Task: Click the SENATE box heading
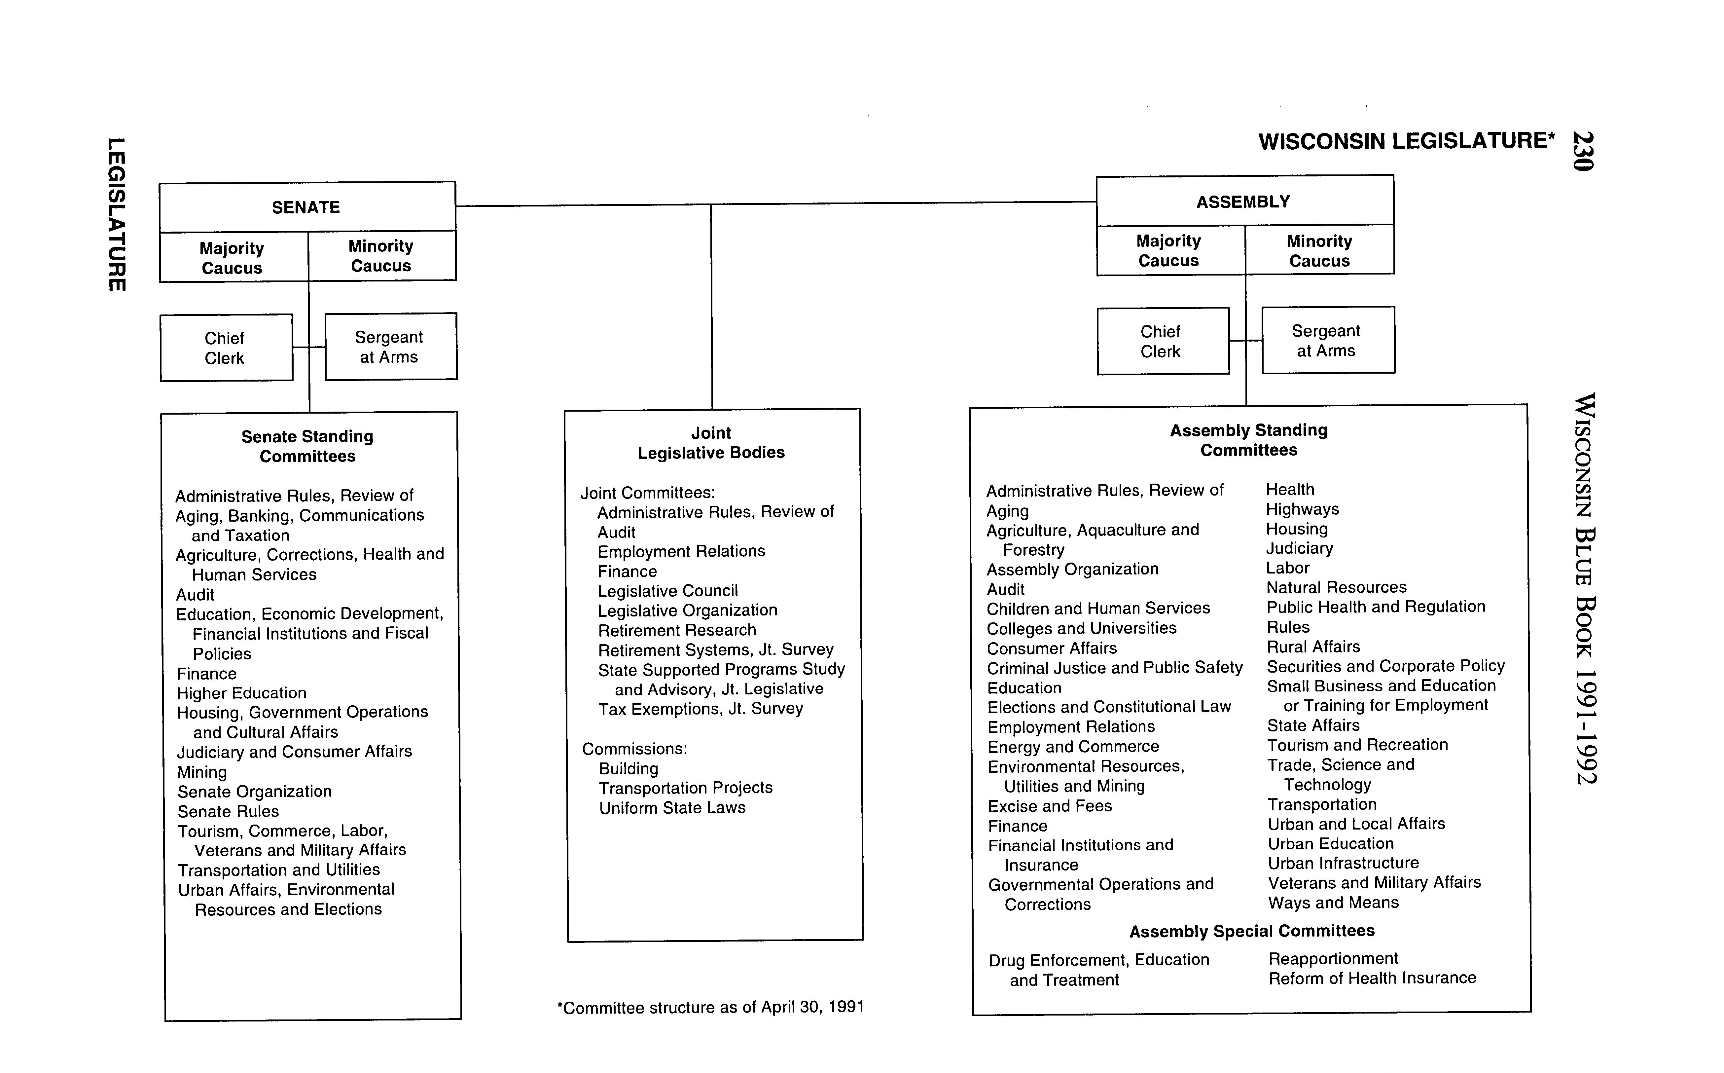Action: (x=306, y=207)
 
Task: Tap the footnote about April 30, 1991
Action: (x=710, y=1007)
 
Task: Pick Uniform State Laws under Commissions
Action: (x=672, y=808)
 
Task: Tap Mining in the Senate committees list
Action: (x=202, y=772)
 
